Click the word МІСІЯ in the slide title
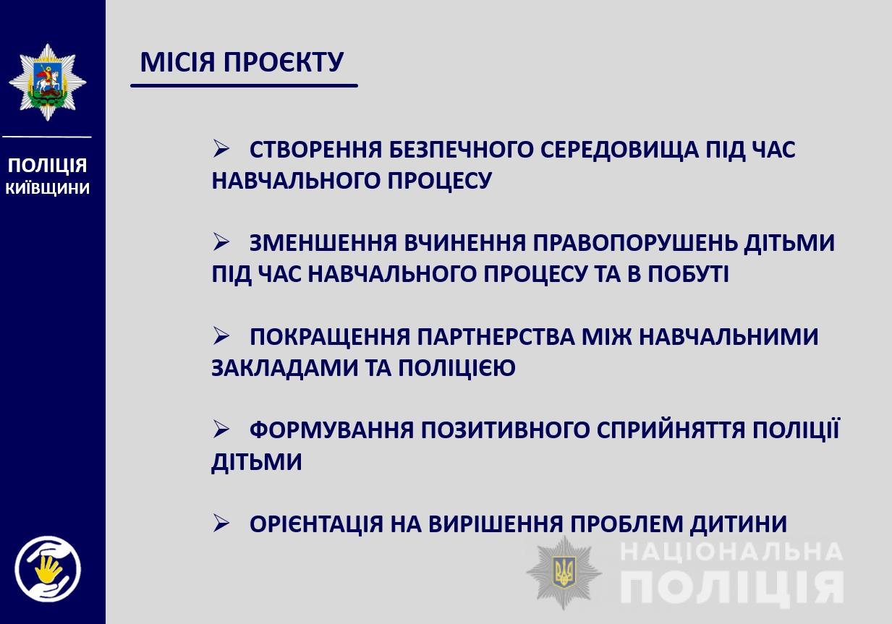tap(177, 62)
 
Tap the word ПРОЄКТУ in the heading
tap(283, 62)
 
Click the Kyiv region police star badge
tap(48, 82)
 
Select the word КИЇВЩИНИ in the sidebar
tap(48, 188)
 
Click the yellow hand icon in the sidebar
tap(48, 570)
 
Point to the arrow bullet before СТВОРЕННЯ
tap(221, 148)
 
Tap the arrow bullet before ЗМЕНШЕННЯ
tap(221, 242)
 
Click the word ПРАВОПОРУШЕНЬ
tap(634, 244)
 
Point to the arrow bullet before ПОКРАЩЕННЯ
tap(221, 335)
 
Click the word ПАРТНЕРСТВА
tap(496, 337)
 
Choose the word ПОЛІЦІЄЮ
tap(456, 368)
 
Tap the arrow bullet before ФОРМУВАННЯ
tap(221, 429)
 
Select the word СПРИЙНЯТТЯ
tap(671, 431)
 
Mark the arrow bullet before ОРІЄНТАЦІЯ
tap(221, 523)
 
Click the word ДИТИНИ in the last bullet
tap(739, 525)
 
